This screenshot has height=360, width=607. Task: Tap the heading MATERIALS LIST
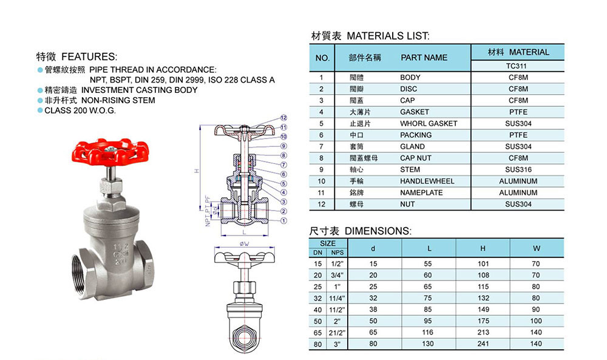point(388,36)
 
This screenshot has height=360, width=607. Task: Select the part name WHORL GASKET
point(428,123)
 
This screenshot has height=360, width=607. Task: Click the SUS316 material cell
point(518,169)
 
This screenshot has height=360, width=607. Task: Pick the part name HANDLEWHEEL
point(427,181)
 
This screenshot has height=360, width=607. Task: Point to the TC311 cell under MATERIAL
point(518,66)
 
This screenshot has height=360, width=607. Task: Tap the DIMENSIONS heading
point(378,231)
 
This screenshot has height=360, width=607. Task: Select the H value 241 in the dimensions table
point(483,344)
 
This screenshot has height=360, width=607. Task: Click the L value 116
point(429,333)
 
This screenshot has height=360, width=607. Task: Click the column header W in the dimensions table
point(536,248)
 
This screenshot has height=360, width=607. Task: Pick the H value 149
point(483,310)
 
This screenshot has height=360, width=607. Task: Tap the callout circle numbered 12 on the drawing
point(283,117)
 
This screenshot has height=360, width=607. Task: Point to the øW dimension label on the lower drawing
point(245,243)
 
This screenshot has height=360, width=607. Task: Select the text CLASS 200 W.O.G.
point(80,110)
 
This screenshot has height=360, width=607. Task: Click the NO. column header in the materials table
point(322,58)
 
